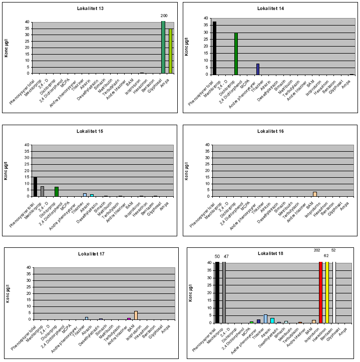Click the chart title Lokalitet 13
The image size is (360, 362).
[x=91, y=9]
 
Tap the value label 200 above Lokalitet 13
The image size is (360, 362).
[x=163, y=16]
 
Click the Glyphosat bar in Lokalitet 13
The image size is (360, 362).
[x=163, y=48]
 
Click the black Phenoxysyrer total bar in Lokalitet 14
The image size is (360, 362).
[x=215, y=48]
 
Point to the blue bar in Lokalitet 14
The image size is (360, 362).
[x=258, y=69]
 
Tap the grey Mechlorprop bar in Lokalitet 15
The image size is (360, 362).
[x=43, y=191]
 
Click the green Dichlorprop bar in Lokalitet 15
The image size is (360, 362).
[x=57, y=191]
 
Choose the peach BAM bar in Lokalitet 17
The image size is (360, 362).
[x=136, y=315]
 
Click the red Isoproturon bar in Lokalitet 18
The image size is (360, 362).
[x=321, y=292]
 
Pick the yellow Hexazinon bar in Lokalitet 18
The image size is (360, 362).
[x=327, y=292]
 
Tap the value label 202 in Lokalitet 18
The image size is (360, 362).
[x=316, y=250]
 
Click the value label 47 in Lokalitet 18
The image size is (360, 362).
[x=226, y=256]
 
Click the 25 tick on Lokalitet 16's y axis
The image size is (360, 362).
[x=207, y=164]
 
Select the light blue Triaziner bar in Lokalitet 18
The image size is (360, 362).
[x=265, y=318]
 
